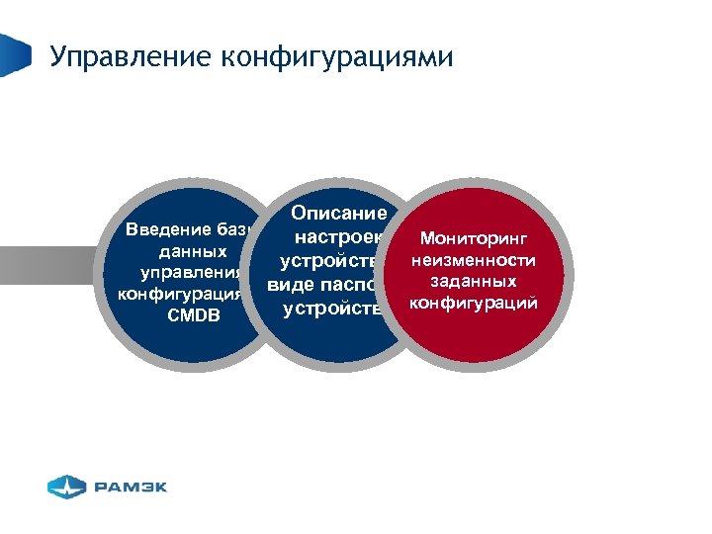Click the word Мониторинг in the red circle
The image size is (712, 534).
coord(475,238)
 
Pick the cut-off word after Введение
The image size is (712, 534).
coord(233,230)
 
